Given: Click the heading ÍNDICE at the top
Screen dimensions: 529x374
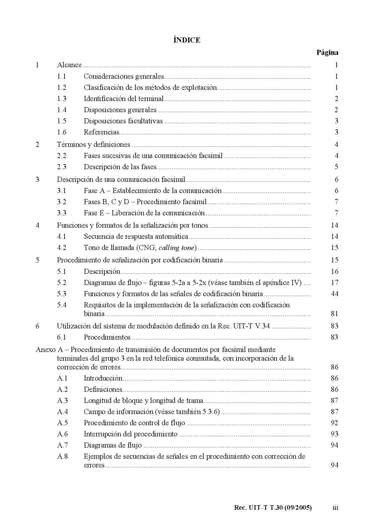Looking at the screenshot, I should tap(187, 40).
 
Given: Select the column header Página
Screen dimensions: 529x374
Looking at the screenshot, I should tap(327, 52).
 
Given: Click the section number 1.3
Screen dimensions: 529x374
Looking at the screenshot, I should tap(62, 99).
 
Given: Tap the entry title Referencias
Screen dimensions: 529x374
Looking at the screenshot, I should tap(101, 132).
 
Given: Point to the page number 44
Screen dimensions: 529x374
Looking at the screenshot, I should tap(334, 293).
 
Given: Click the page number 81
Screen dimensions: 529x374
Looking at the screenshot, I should tap(334, 314).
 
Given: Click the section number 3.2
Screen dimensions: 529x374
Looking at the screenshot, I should tap(62, 202).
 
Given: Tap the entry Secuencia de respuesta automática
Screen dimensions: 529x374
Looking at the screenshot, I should tap(136, 237).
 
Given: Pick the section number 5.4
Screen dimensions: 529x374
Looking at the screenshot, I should tap(62, 305).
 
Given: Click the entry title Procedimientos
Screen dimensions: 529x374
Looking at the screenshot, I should tap(107, 337).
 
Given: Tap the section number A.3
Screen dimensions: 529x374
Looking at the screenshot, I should tap(63, 400).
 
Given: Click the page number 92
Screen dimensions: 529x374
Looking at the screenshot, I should tap(334, 423).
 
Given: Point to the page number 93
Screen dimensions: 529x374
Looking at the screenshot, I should tap(334, 434).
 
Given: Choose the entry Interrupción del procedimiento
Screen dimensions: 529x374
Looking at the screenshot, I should tap(130, 434).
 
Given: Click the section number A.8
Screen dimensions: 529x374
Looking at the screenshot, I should tap(63, 456).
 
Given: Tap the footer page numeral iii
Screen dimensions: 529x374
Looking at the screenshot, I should tap(335, 508).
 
